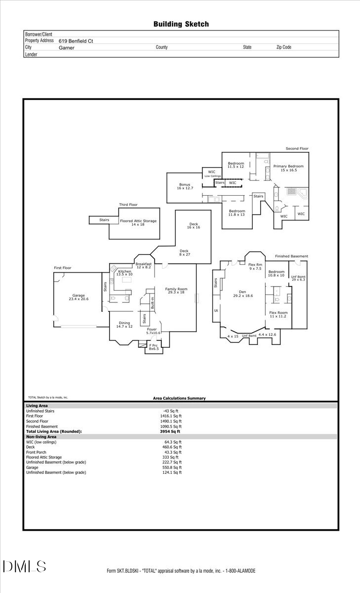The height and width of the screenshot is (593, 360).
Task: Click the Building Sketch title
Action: [181, 24]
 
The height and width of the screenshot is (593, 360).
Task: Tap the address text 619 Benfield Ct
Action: [76, 42]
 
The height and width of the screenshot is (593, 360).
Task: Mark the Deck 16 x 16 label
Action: [193, 225]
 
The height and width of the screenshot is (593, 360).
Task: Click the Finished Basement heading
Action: [291, 256]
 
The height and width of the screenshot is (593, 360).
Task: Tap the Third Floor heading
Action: [128, 205]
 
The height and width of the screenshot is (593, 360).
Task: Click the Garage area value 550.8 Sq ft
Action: [173, 467]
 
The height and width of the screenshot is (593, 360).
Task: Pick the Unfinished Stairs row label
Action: [40, 411]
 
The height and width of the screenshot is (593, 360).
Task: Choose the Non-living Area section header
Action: [41, 437]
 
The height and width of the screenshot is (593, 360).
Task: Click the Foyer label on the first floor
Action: [152, 329]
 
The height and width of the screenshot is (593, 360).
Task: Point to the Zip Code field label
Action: [283, 47]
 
